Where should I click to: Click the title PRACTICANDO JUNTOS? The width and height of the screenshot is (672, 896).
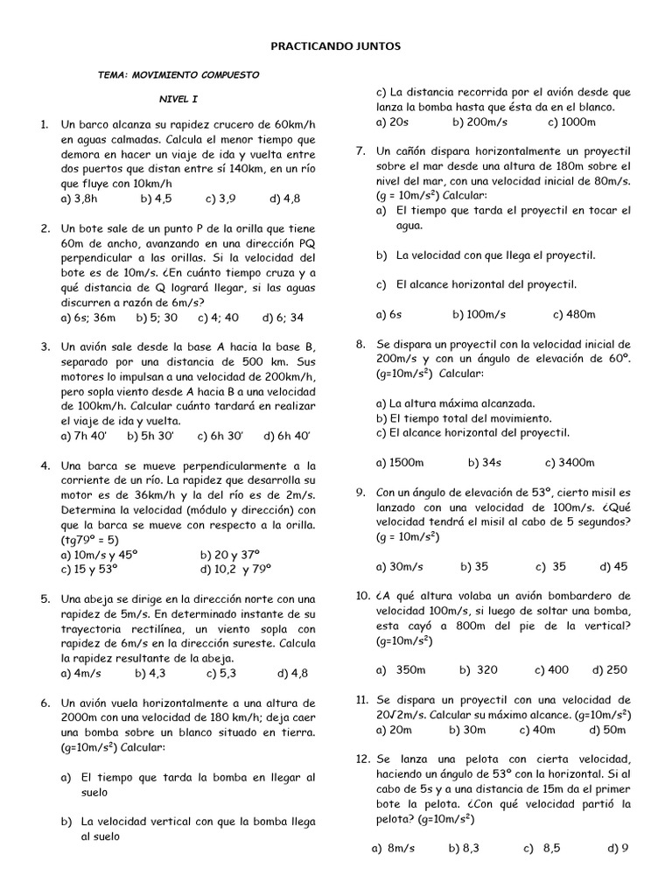[335, 46]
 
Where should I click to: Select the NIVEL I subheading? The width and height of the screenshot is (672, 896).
[179, 101]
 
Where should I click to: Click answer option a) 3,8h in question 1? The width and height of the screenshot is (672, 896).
[80, 199]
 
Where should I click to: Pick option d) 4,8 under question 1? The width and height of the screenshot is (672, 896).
[285, 199]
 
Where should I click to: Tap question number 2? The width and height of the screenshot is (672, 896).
[45, 228]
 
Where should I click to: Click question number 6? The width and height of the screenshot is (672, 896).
[45, 703]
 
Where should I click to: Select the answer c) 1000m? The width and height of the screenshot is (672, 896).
[571, 122]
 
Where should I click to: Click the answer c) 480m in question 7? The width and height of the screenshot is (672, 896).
[574, 314]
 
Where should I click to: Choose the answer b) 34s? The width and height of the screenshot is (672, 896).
[484, 462]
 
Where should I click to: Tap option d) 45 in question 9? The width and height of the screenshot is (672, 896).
[613, 566]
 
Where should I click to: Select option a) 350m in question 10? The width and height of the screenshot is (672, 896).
[401, 670]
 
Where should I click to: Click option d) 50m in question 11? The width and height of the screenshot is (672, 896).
[607, 730]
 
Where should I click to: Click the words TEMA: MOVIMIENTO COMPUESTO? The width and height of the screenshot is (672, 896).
[178, 75]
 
